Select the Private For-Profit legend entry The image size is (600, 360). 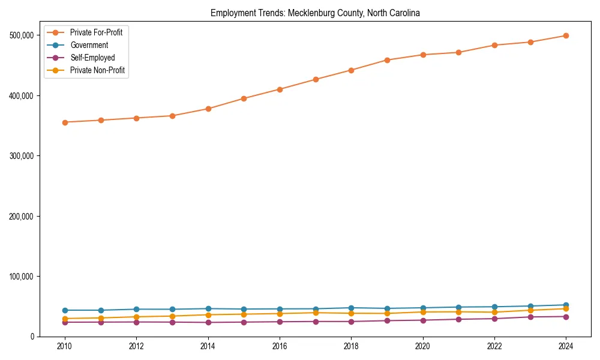click(96, 32)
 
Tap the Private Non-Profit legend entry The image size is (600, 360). click(97, 70)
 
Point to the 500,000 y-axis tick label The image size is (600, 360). click(22, 35)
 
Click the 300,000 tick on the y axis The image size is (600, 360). click(22, 156)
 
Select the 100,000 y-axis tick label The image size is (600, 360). click(22, 276)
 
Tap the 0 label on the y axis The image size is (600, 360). click(32, 337)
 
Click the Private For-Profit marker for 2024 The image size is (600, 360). click(566, 36)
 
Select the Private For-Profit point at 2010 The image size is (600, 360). click(65, 122)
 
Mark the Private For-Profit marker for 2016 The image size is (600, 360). click(280, 89)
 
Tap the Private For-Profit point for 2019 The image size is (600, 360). click(387, 60)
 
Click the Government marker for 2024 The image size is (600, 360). click(566, 305)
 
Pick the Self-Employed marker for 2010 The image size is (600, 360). click(65, 322)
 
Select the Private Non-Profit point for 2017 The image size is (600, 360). click(316, 313)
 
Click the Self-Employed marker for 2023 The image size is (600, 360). click(530, 317)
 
